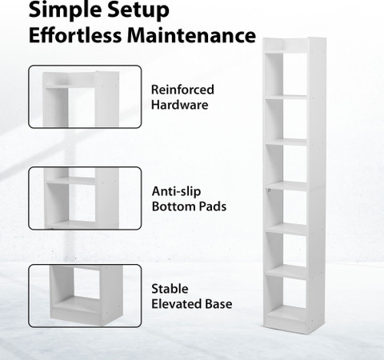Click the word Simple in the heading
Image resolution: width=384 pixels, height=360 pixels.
[x=64, y=10]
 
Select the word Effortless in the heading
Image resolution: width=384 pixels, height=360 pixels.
[x=74, y=35]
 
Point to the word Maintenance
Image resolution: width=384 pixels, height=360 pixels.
[x=191, y=35]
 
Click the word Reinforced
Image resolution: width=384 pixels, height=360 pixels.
[x=182, y=90]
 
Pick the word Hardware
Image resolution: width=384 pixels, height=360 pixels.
[x=179, y=105]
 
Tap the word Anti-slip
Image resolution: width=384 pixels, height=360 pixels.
[x=176, y=191]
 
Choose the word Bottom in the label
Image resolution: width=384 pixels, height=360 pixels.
[x=173, y=206]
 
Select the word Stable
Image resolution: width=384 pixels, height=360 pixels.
[x=170, y=289]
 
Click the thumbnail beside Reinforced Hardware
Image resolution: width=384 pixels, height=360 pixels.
[x=85, y=97]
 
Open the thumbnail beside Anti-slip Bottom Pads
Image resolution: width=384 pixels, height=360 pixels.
[x=85, y=198]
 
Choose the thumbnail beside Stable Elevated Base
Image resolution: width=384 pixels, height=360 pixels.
[x=85, y=296]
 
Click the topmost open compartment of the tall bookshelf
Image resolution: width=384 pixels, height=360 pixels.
[x=287, y=74]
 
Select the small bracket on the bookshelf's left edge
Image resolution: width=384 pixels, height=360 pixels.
[x=269, y=190]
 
